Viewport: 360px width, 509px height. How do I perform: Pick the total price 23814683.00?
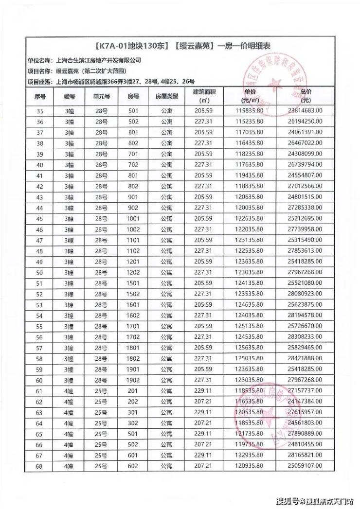point(305,111)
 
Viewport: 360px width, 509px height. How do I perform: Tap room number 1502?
point(133,294)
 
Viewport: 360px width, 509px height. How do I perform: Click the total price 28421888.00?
point(305,359)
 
